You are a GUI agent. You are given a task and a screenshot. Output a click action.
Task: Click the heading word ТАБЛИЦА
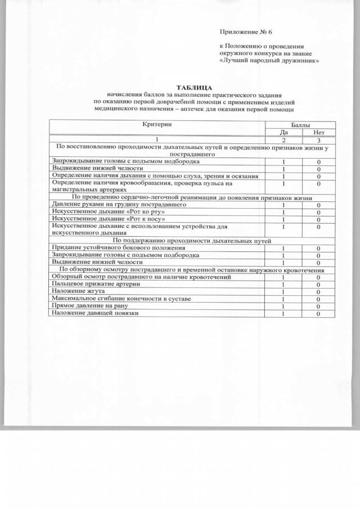point(194,87)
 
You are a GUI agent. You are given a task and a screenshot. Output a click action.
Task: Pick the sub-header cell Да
point(284,132)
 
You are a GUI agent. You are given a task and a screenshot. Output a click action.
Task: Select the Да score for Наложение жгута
point(283,291)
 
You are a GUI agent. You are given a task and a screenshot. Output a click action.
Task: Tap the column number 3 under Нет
point(318,139)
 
